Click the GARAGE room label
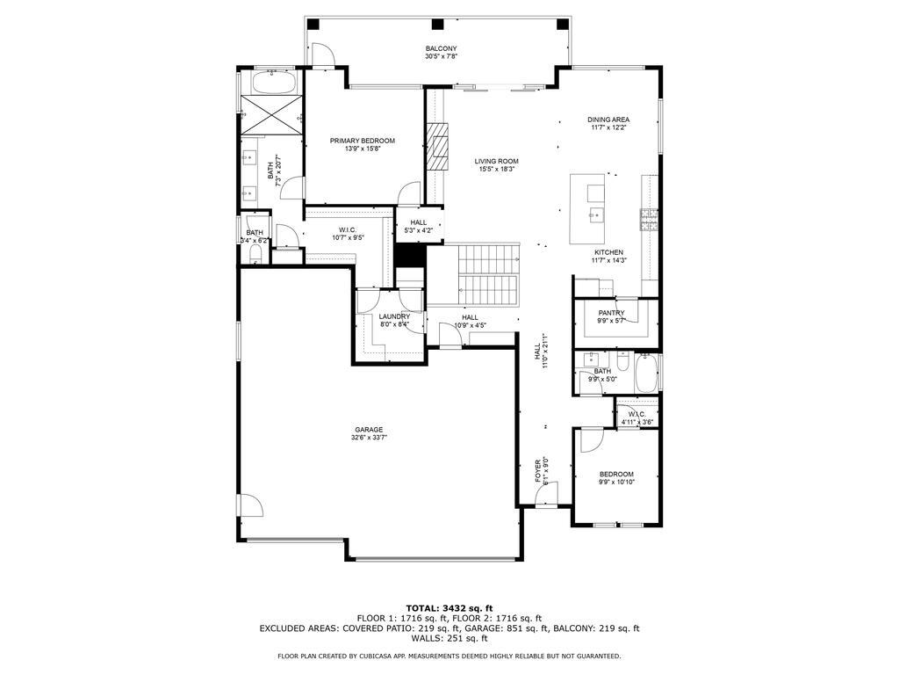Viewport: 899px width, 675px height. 369,430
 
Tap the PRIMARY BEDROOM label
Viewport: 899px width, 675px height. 362,141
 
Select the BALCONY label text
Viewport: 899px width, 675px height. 441,48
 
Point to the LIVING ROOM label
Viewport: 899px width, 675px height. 497,161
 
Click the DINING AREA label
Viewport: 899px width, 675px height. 608,120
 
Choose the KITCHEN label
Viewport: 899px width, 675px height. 608,252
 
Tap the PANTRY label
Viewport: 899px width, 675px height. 611,312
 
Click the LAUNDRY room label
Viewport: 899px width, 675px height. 394,316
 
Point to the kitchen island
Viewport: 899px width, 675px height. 588,209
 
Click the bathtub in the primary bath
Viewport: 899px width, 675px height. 274,83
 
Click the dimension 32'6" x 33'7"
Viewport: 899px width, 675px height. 369,438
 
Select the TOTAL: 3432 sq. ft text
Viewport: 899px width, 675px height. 449,608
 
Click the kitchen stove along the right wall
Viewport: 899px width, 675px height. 650,221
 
